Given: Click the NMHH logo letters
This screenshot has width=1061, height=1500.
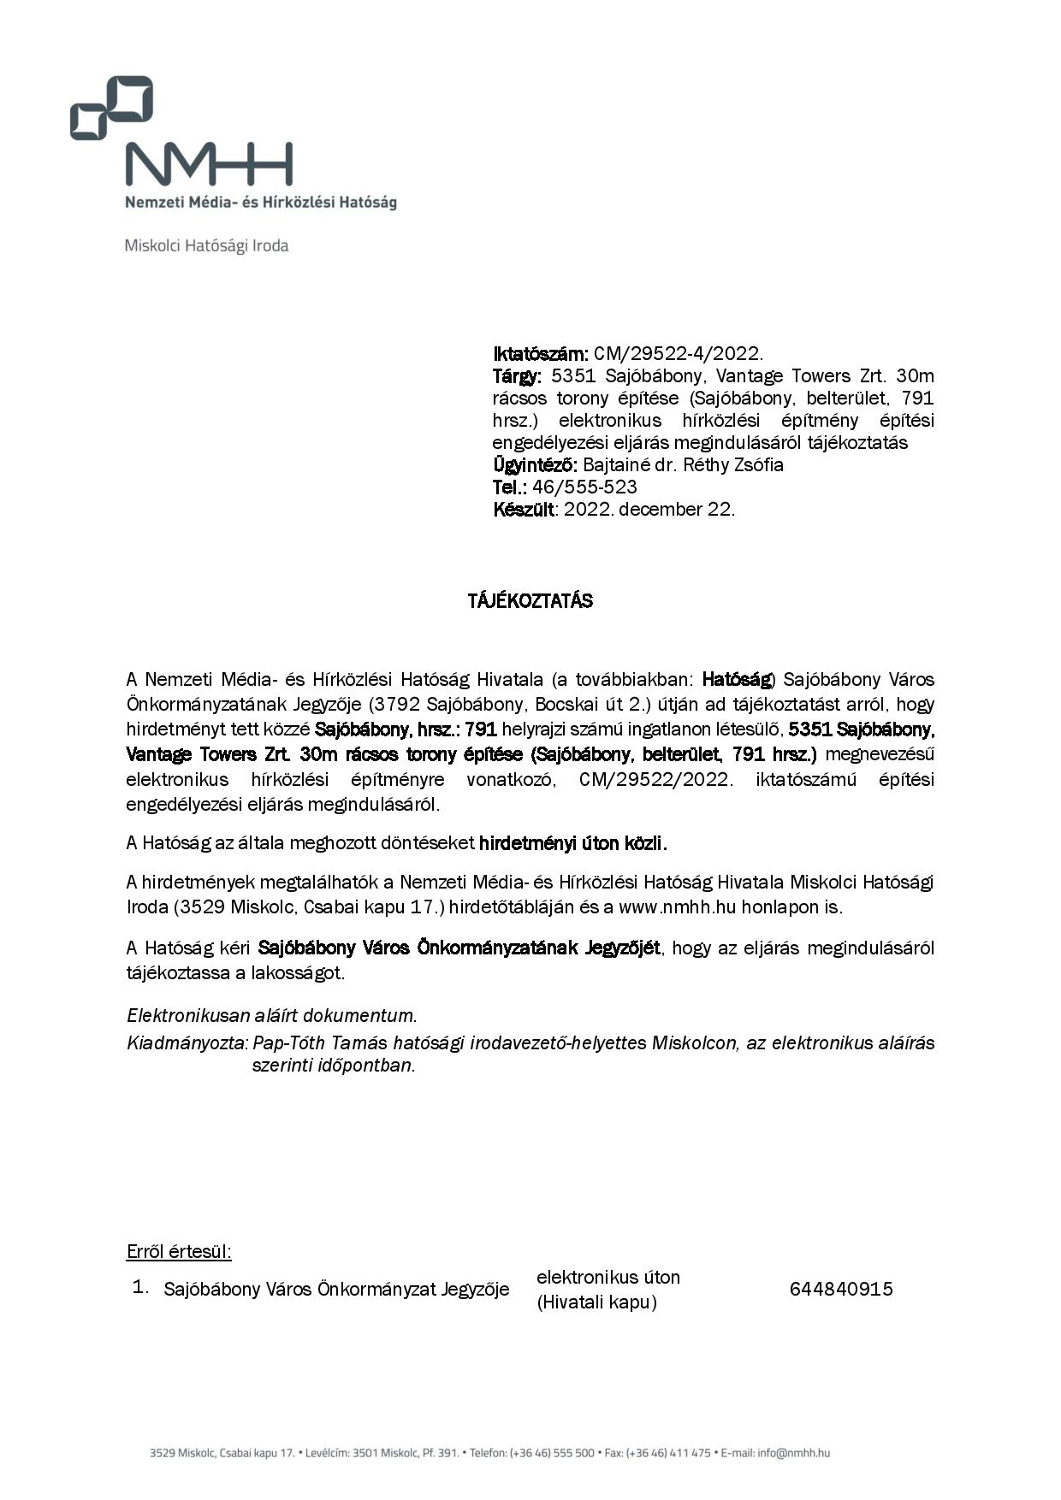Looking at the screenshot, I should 209,164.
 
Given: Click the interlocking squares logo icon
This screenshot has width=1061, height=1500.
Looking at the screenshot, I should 111,107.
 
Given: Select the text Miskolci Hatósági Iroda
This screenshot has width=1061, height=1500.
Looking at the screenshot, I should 206,245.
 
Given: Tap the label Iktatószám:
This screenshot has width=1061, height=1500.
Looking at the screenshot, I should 540,353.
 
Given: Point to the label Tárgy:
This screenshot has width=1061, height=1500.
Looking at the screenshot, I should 517,375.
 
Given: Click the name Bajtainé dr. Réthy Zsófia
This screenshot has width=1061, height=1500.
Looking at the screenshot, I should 683,464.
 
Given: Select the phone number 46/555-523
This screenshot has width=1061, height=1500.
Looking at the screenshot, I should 584,487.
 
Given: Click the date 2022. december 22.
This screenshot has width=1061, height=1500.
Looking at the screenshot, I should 649,509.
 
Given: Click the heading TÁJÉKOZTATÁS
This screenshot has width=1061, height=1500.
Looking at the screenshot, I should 530,600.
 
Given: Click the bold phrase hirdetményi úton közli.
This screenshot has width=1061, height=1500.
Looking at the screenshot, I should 572,842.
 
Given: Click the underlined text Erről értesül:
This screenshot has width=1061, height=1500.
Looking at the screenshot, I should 179,1251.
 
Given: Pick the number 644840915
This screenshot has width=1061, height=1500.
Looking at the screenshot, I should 840,1289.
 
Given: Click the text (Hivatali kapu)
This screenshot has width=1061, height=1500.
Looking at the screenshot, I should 596,1302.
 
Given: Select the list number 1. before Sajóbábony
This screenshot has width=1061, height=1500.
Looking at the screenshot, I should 140,1287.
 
